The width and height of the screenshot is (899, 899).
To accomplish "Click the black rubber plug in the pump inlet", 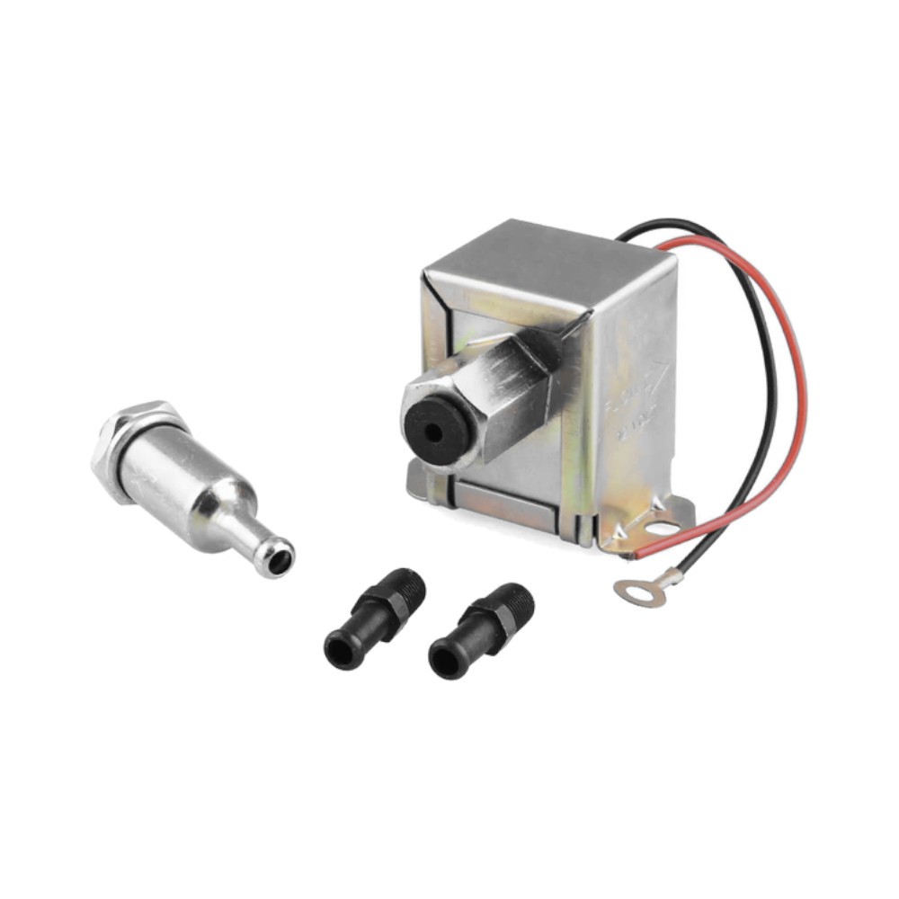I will (x=435, y=430).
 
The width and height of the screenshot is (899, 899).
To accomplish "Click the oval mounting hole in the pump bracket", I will (x=663, y=529).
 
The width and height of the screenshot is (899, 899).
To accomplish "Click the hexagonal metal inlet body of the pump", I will (x=503, y=396).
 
